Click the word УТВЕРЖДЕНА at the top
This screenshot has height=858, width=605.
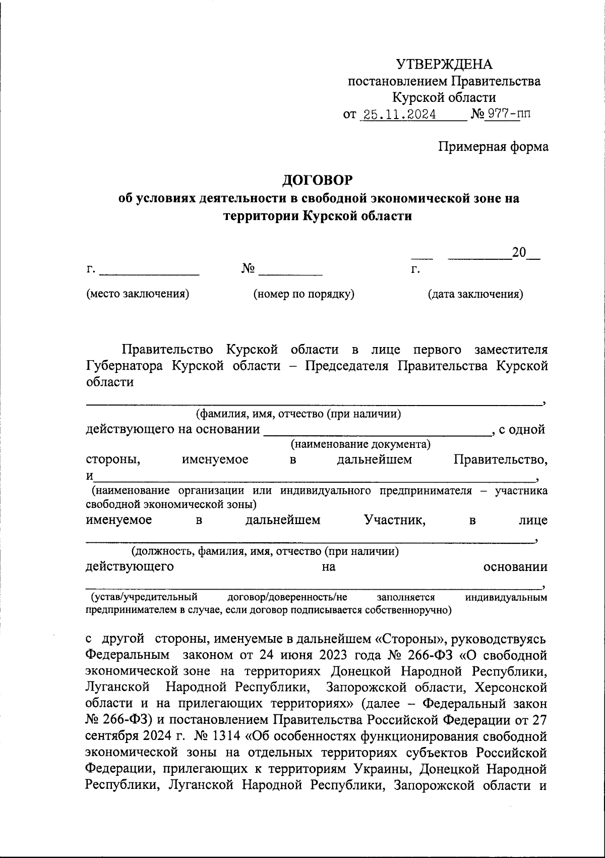[x=444, y=64]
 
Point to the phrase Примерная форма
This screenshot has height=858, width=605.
[x=493, y=147]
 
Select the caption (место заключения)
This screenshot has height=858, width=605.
[x=138, y=294]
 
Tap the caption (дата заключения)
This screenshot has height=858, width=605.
[x=475, y=294]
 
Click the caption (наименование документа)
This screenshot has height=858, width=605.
[x=360, y=444]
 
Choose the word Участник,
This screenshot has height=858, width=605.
[x=395, y=520]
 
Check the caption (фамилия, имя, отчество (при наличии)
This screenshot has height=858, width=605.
[x=298, y=414]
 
